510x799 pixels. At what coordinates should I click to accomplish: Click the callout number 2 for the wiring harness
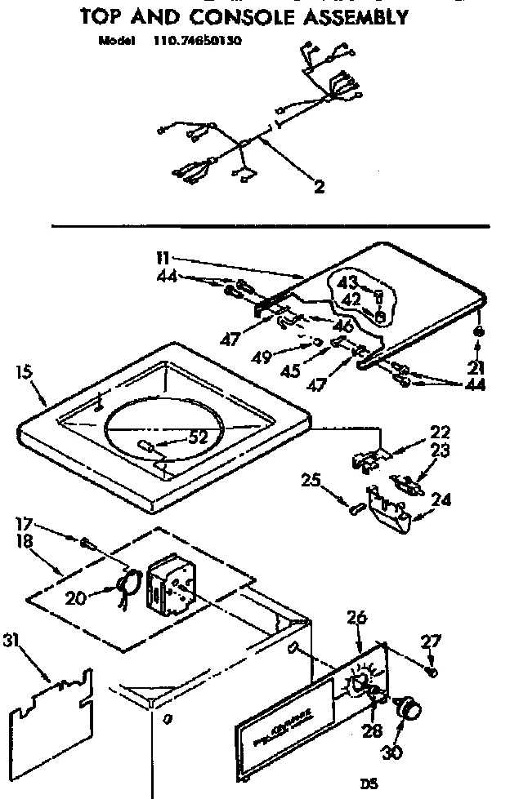point(319,186)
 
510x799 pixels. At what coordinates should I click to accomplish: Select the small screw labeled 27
point(433,672)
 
